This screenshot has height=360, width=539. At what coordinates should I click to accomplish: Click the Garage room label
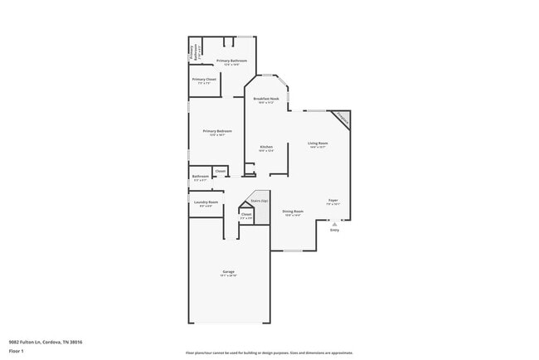click(x=229, y=274)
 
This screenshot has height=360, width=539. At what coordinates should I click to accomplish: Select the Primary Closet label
click(x=205, y=80)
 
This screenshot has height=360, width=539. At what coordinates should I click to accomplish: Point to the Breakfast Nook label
click(x=266, y=99)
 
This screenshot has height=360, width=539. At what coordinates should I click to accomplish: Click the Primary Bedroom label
click(x=217, y=131)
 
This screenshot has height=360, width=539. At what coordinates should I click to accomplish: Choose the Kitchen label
click(x=266, y=147)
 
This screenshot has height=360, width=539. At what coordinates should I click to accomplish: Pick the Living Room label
click(x=318, y=144)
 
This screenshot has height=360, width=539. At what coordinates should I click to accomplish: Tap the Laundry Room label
click(x=206, y=202)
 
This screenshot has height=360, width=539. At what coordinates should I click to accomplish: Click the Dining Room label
click(x=293, y=211)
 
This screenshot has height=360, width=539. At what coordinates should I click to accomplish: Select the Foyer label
click(x=333, y=200)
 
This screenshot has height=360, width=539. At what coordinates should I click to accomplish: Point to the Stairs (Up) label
click(x=259, y=201)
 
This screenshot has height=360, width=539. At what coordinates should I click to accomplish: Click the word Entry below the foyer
click(x=335, y=230)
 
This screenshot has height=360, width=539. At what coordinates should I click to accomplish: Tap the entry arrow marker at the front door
click(x=334, y=222)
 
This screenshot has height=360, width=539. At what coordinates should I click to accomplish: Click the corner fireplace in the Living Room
click(x=341, y=120)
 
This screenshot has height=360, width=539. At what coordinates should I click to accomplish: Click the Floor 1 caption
click(x=16, y=351)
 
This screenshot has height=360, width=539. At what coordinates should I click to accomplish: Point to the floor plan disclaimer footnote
click(x=269, y=353)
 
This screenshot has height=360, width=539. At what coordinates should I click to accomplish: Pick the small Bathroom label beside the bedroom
click(x=201, y=176)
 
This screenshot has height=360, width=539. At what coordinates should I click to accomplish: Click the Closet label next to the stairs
click(x=246, y=214)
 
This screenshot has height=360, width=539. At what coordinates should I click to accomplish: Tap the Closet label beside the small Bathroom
click(x=220, y=171)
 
